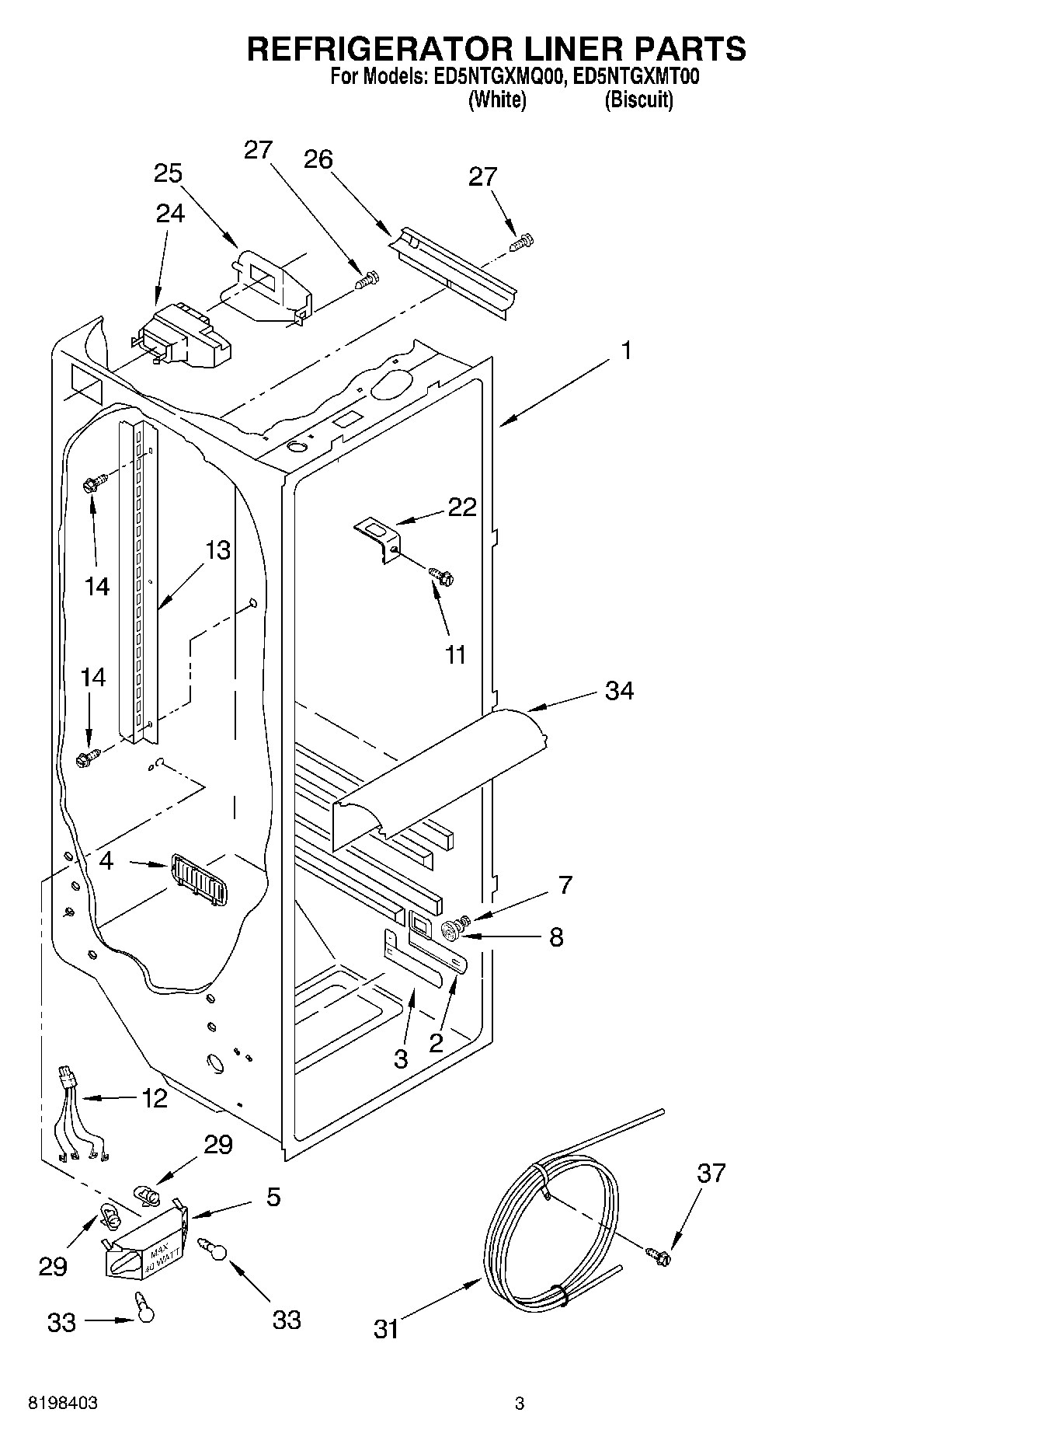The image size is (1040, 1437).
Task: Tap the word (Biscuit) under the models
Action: pos(638,100)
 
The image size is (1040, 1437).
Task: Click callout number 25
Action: pos(167,173)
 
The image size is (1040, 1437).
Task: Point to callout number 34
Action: pos(619,690)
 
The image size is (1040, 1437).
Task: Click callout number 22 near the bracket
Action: pos(461,507)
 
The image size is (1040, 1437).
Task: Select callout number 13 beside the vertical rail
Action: pos(217,550)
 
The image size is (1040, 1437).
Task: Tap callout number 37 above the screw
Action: pos(711,1173)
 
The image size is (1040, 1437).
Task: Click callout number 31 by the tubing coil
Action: pos(386,1330)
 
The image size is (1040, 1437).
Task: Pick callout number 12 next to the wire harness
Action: pos(155,1098)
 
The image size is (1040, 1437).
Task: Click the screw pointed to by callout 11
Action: pos(442,577)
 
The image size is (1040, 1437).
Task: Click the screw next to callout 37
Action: pos(659,1254)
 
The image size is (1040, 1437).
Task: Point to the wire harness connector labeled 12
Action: pos(68,1079)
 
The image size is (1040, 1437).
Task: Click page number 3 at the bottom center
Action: pos(520,1404)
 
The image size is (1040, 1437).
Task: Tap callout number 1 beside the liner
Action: pos(626,351)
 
